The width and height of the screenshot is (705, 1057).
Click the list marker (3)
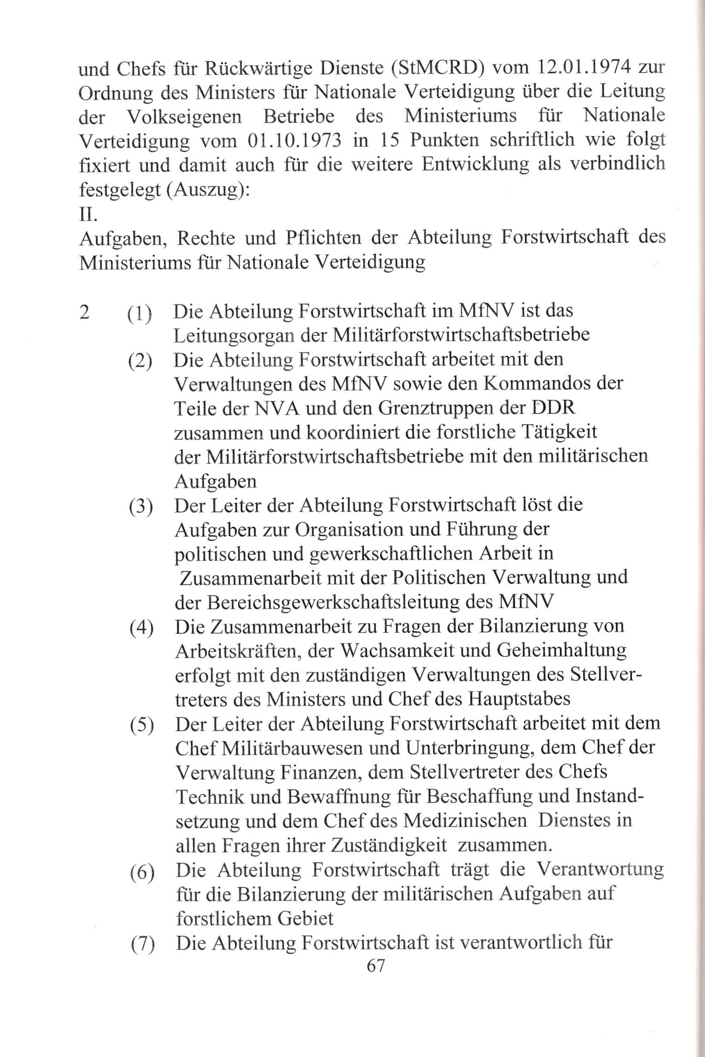coord(141,506)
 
